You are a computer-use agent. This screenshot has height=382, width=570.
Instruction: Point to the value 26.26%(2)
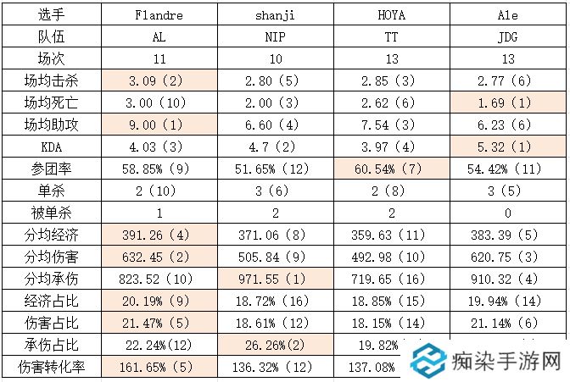[x=274, y=346]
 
